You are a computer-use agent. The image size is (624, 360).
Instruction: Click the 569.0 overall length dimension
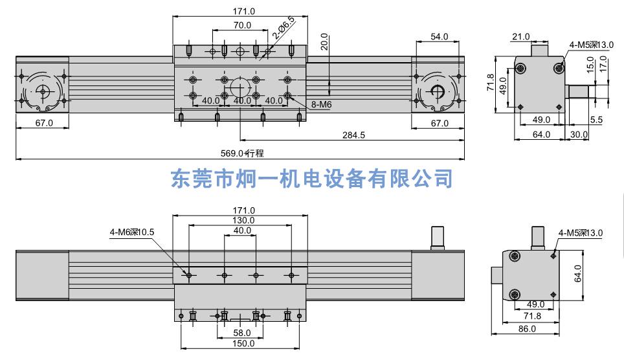232,153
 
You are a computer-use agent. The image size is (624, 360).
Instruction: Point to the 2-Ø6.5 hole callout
284,28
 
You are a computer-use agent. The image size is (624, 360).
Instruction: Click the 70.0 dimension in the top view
241,25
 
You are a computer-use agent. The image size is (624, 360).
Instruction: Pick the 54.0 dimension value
440,36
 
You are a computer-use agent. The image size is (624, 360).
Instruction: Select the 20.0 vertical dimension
325,43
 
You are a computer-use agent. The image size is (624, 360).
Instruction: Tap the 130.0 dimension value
243,220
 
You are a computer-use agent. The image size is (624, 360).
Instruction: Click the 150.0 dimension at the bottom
243,343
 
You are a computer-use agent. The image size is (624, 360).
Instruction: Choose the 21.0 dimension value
520,37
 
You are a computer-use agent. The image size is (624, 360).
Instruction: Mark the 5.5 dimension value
597,120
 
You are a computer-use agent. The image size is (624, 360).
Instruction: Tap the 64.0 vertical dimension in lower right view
578,273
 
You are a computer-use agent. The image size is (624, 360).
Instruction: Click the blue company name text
311,179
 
